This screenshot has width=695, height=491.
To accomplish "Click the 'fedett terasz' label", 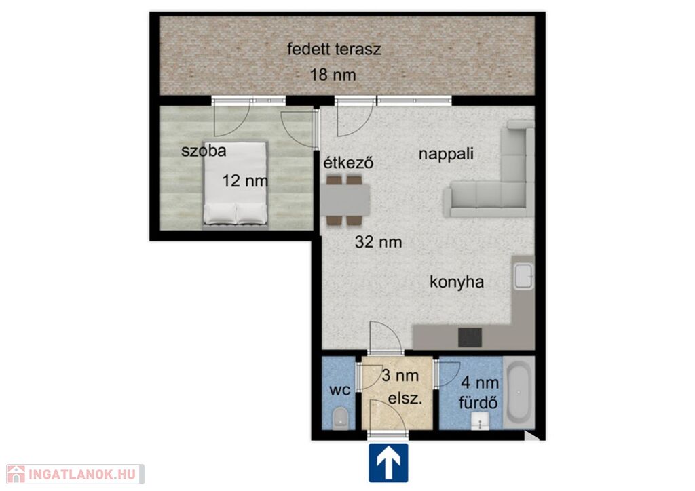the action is pyautogui.click(x=334, y=49).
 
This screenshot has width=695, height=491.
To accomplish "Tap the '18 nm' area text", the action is pyautogui.click(x=333, y=75).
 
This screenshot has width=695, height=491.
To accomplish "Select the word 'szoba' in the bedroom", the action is pyautogui.click(x=204, y=151).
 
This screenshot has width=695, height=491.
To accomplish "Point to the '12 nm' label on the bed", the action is pyautogui.click(x=245, y=180).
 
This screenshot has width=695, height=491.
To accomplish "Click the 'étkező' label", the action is pyautogui.click(x=348, y=163).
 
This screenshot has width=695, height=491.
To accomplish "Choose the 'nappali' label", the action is pyautogui.click(x=447, y=154).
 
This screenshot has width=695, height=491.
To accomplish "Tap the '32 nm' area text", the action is pyautogui.click(x=379, y=241).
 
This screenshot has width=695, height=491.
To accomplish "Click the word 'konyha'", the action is pyautogui.click(x=457, y=282).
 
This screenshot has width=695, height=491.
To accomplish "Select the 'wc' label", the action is pyautogui.click(x=340, y=390).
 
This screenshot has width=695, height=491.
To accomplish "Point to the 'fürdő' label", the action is pyautogui.click(x=478, y=403).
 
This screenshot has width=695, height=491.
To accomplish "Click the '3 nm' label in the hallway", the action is pyautogui.click(x=400, y=376).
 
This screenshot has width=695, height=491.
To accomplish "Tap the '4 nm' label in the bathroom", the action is pyautogui.click(x=480, y=382).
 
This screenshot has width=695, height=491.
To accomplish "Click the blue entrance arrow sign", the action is pyautogui.click(x=388, y=463).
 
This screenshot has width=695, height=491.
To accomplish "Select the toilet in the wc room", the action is pyautogui.click(x=341, y=418).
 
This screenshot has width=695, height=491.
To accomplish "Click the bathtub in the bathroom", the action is pyautogui.click(x=518, y=393).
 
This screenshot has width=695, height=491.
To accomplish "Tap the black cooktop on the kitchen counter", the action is pyautogui.click(x=470, y=337).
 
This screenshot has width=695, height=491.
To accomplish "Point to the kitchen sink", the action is pyautogui.click(x=523, y=276).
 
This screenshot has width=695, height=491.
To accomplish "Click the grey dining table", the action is pyautogui.click(x=345, y=200).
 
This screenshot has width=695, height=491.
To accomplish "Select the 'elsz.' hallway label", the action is pyautogui.click(x=405, y=399).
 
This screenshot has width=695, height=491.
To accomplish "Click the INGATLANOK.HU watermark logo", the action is pyautogui.click(x=75, y=474).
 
